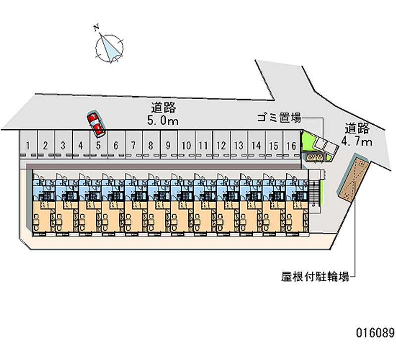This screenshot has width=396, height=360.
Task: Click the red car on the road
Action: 96,124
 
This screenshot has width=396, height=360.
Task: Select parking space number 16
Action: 292,146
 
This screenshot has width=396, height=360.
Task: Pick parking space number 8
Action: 151,146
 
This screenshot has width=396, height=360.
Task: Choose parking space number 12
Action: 221,146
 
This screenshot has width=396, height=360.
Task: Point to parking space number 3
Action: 63,146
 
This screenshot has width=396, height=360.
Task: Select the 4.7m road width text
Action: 357,142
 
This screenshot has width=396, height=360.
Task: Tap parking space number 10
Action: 186,146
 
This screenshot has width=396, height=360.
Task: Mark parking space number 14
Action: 256,146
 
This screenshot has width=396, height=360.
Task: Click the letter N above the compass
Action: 97,28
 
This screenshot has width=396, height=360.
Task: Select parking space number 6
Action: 116,146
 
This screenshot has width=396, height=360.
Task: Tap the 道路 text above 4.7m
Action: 357,129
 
